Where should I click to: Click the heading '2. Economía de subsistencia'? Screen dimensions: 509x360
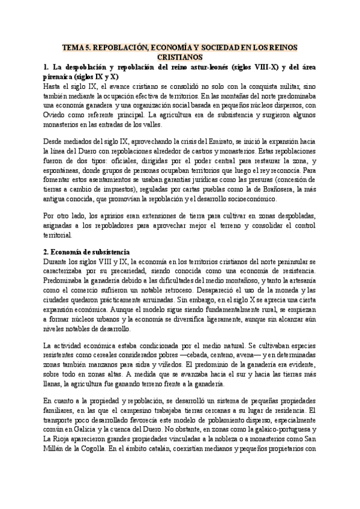pos(87,253)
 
